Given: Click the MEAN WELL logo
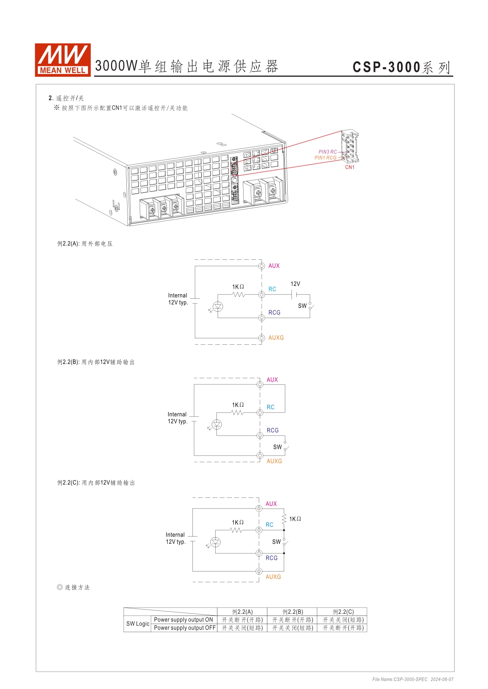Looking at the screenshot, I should [63, 60].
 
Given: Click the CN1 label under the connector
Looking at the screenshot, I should [349, 167].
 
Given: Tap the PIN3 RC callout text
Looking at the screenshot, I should [327, 152].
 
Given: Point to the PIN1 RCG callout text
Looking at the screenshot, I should [325, 158].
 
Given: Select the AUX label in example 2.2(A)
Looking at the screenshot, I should [274, 266].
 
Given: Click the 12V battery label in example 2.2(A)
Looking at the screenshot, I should [295, 284].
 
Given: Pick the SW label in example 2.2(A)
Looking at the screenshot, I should [302, 306].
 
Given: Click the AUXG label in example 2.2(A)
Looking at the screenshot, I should [276, 338].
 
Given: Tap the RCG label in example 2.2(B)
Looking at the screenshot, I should [272, 430].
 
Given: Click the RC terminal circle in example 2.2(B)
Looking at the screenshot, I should [260, 412].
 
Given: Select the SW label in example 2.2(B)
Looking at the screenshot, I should [277, 447].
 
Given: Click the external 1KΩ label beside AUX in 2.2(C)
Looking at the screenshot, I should [295, 519].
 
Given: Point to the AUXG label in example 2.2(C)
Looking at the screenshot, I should [273, 577].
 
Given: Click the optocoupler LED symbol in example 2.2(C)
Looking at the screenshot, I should [215, 542].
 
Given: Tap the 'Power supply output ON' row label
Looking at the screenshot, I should [183, 620].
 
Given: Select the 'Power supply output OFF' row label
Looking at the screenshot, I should [185, 628].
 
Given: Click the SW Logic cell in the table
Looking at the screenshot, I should [138, 624].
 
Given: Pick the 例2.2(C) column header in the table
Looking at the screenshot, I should [343, 612].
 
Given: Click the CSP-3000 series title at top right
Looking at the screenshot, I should [401, 67].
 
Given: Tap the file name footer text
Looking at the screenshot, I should [413, 679].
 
